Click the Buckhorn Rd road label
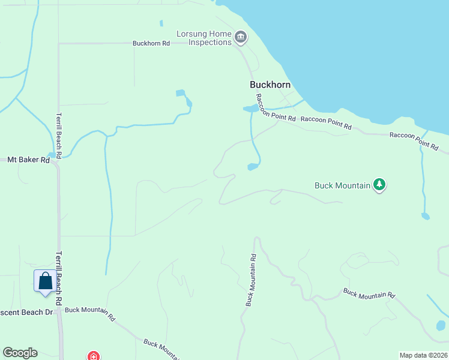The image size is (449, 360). coord(151,43)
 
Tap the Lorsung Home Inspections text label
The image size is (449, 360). coord(204,38)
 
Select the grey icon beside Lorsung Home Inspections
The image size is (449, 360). coord(240,38)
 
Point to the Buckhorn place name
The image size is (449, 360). coord(270,85)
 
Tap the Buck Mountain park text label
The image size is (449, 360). coord(342,185)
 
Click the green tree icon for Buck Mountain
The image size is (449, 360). coord(379,185)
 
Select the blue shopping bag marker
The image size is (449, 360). coord(45,281)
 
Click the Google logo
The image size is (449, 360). coord(20,353)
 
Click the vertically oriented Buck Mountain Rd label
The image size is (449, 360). coord(250,280)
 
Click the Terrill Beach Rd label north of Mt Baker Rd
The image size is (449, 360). coord(59,131)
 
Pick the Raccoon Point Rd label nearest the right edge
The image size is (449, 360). coord(414,140)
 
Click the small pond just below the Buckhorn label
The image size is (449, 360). coord(249,109)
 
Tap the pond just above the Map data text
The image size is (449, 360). coord(441,326)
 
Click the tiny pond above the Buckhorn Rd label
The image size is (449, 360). coord(161,23)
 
